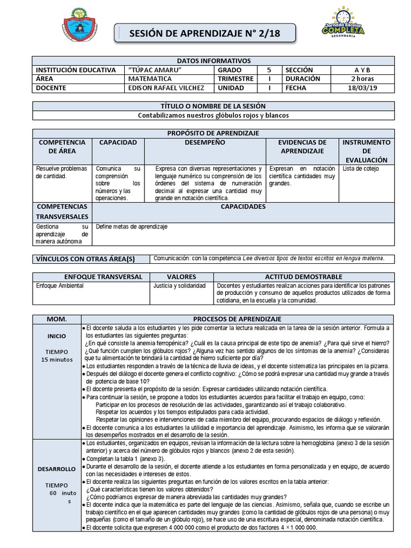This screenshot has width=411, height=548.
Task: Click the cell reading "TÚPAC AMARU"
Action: tap(156, 70)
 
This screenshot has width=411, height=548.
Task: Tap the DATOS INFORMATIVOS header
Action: tap(214, 61)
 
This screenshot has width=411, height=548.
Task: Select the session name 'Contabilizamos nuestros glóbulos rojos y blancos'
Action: tap(214, 115)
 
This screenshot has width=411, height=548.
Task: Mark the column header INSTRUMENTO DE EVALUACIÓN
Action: tap(367, 151)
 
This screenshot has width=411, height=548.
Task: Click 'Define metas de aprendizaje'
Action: tap(132, 227)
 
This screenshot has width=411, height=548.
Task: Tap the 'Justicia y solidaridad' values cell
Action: tap(179, 286)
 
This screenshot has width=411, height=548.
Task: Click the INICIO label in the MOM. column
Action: tap(57, 337)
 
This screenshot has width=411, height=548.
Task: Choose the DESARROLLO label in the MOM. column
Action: tap(57, 469)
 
